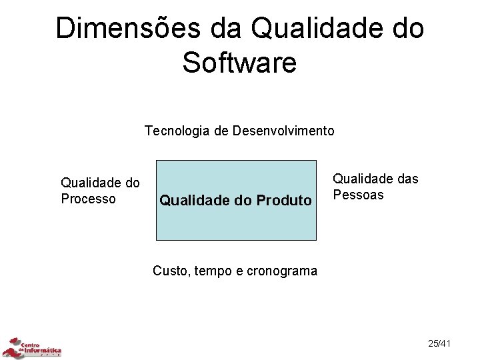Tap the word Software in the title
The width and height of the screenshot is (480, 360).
tap(239, 63)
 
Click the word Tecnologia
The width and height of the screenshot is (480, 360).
tap(178, 131)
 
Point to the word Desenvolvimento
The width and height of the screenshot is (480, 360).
tap(283, 131)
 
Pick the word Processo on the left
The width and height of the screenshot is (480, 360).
tap(88, 199)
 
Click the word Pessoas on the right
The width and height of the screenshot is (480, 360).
tap(358, 195)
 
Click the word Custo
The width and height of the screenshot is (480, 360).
tap(171, 271)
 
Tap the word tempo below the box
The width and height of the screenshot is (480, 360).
tap(213, 271)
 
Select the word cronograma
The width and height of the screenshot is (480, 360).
tap(282, 271)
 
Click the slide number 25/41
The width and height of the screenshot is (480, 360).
tap(439, 343)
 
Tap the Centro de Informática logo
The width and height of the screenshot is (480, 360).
tap(32, 347)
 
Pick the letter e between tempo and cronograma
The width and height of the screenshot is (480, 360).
tap(239, 271)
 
